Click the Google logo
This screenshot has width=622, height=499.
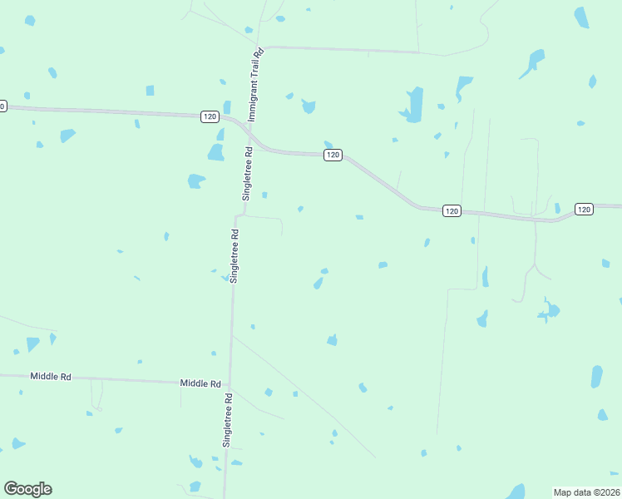click(27, 489)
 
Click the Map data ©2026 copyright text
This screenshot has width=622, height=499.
click(586, 492)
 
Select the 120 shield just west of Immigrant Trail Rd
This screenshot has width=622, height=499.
click(210, 116)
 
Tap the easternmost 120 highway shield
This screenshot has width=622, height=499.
click(585, 210)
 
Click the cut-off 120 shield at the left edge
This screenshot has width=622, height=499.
click(2, 106)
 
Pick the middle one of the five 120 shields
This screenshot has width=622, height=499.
click(333, 156)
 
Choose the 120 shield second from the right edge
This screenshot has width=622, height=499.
click(451, 211)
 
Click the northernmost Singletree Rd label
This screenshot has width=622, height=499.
click(247, 173)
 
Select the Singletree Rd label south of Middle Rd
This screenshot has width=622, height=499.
click(226, 422)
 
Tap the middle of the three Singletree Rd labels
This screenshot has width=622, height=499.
click(235, 256)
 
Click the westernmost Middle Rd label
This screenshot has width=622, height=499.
click(51, 376)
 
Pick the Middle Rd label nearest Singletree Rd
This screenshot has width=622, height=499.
click(200, 383)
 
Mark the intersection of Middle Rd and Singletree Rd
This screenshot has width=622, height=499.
click(228, 384)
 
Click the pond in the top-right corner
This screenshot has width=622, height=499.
click(581, 17)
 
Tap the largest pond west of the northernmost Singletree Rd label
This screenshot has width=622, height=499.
click(215, 152)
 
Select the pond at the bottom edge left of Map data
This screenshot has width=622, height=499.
click(516, 492)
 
